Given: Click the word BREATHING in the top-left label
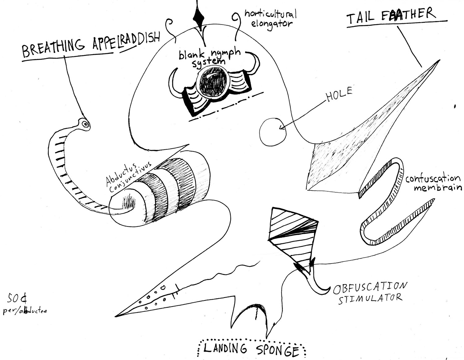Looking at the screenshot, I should [x=53, y=48].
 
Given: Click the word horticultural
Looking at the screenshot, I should [x=270, y=14].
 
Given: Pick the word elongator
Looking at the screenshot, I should [x=272, y=24].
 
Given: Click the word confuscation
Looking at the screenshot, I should [x=432, y=179].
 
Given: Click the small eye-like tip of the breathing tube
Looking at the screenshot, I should [x=85, y=124].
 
